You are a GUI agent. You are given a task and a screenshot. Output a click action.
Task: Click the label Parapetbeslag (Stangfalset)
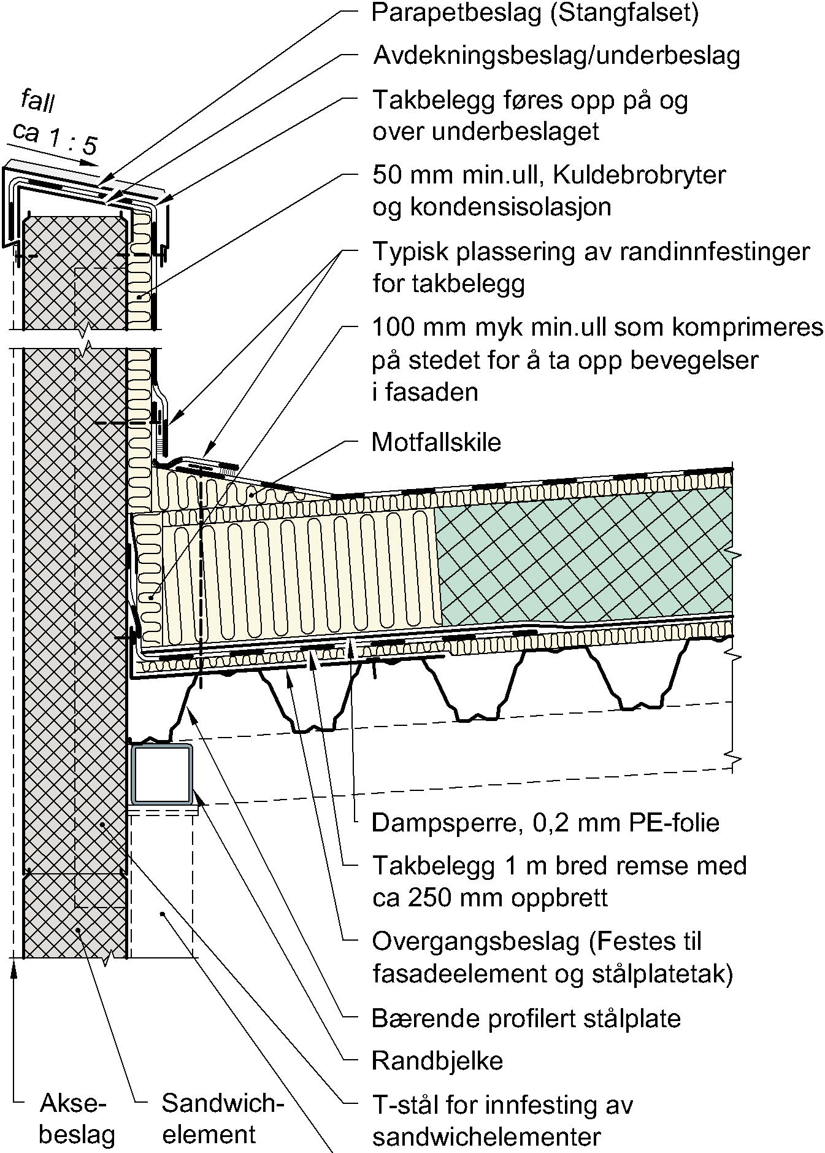(x=535, y=13)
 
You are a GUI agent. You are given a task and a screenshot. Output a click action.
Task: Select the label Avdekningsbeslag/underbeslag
(x=556, y=56)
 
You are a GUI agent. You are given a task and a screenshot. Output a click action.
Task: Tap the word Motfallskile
(x=436, y=442)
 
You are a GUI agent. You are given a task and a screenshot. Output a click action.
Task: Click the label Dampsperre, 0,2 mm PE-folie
(x=545, y=822)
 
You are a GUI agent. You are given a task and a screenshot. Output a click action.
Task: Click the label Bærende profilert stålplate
(x=526, y=1019)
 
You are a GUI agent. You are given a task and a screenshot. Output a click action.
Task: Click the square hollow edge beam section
(x=161, y=774)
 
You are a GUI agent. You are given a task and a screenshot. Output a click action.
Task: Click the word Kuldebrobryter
(x=640, y=175)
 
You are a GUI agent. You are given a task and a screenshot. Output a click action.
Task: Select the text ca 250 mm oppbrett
(x=490, y=898)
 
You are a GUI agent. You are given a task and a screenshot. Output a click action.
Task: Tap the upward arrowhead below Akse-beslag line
(x=13, y=971)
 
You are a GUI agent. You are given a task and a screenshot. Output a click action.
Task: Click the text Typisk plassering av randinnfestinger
(x=591, y=252)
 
